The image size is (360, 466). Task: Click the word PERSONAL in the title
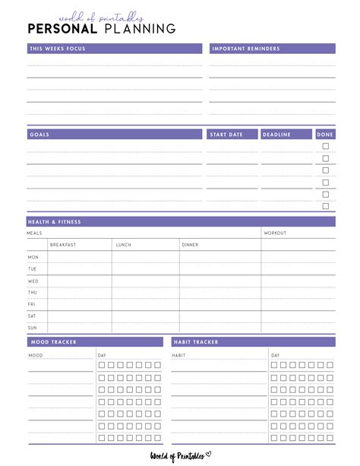62,29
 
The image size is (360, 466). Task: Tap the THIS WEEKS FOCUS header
57,49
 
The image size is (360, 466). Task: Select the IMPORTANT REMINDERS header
245,49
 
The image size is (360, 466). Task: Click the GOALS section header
39,135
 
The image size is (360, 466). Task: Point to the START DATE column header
226,135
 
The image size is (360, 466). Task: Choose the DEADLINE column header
276,135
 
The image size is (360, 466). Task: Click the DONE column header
325,135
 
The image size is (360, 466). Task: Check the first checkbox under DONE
326,146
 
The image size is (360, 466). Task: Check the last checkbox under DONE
326,206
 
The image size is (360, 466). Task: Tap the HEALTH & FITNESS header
55,222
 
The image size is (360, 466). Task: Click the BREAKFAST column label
63,245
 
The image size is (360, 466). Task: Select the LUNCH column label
123,245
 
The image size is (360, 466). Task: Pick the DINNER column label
190,245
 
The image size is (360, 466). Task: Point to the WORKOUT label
275,233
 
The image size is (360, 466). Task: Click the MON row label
33,257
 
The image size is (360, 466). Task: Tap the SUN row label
32,328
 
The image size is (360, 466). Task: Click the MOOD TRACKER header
52,342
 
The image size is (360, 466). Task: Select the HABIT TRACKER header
195,342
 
